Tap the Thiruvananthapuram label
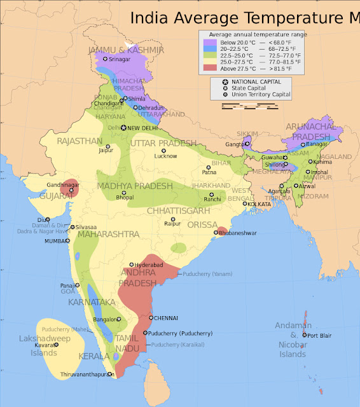pyautogui.click(x=81, y=375)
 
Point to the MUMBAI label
pyautogui.click(x=55, y=241)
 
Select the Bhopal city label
pyautogui.click(x=125, y=198)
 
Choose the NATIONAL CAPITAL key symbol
pyautogui.click(x=226, y=82)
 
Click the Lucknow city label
pyautogui.click(x=165, y=156)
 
